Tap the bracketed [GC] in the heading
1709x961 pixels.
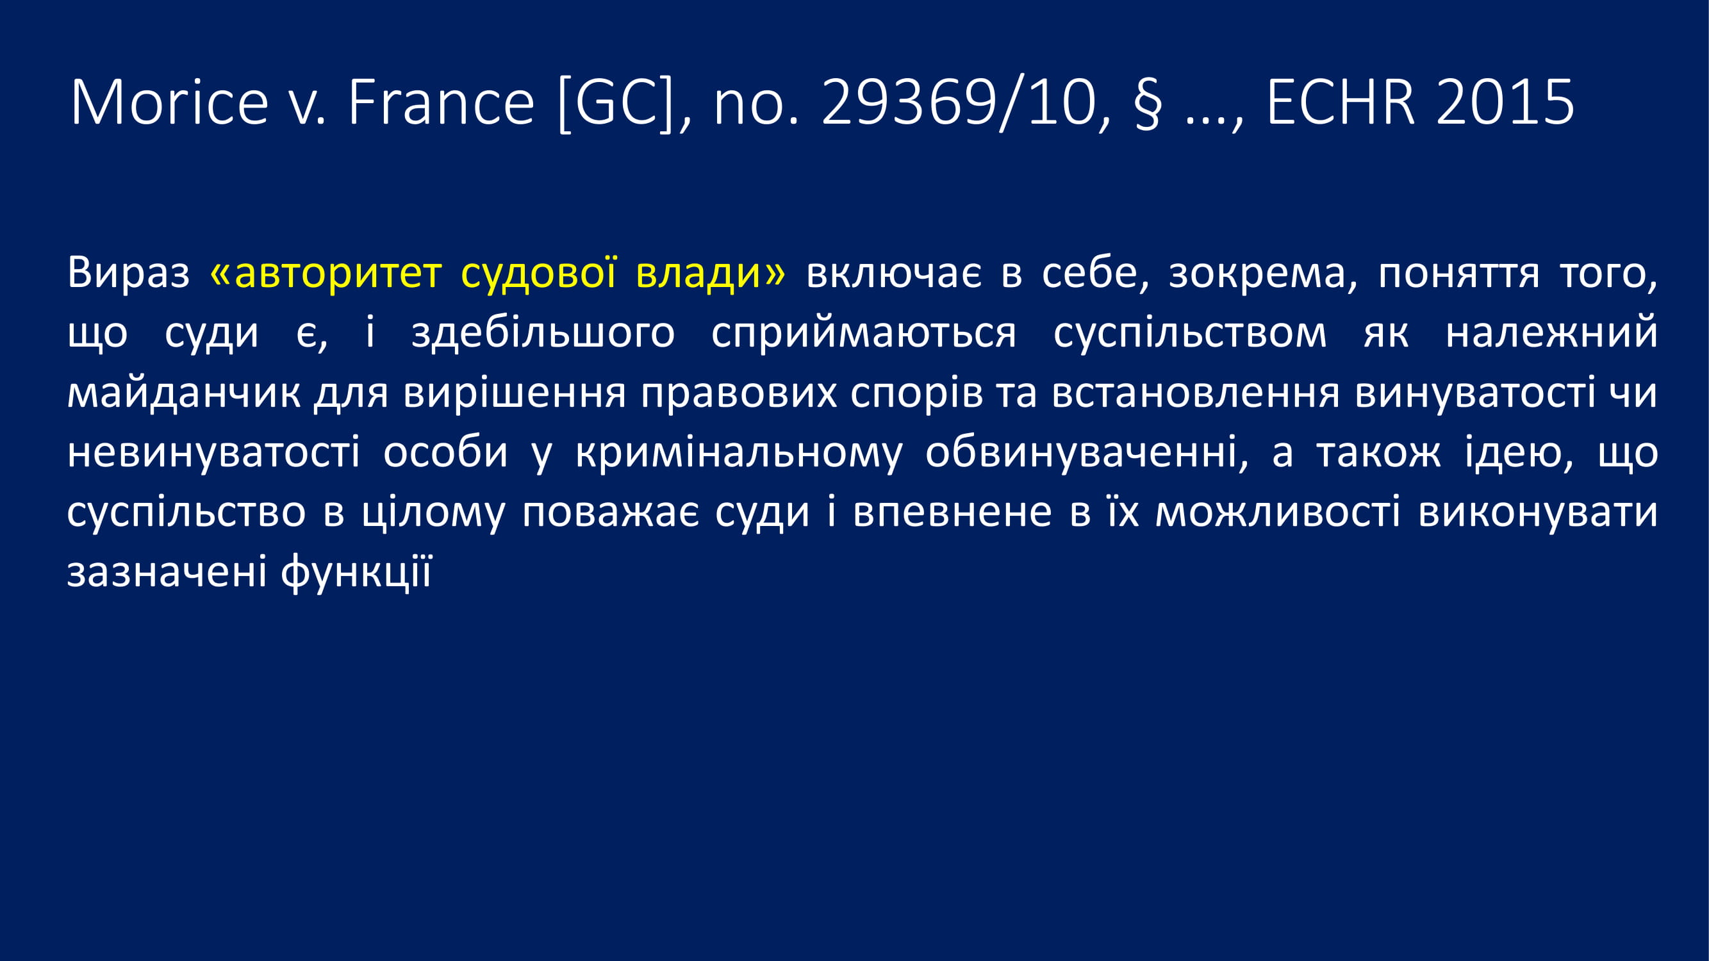click(x=617, y=103)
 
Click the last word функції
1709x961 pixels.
click(x=356, y=571)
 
